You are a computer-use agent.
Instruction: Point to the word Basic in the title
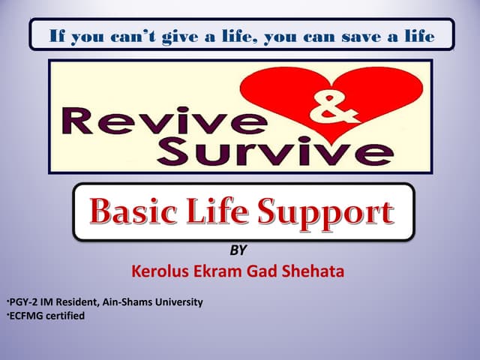(135, 212)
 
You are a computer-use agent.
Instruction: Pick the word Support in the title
(329, 212)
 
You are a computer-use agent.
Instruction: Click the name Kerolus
(160, 271)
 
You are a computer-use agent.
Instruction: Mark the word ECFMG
(27, 316)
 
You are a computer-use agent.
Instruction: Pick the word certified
(67, 316)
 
